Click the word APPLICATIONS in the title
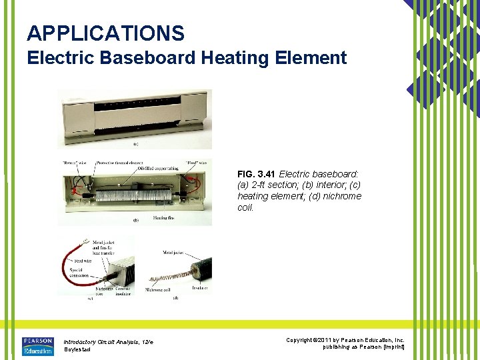(105, 33)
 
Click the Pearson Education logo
(38, 346)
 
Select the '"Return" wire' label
(71, 162)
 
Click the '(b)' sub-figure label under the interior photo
(136, 220)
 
